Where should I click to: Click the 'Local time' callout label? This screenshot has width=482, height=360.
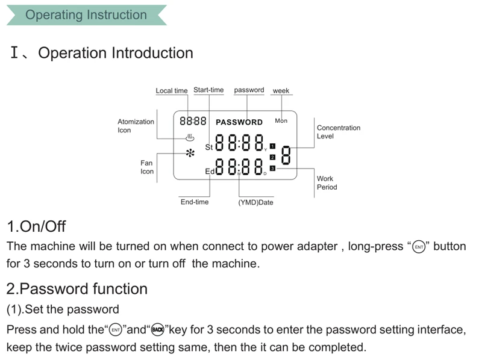click(172, 91)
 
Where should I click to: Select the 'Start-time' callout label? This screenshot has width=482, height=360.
click(208, 90)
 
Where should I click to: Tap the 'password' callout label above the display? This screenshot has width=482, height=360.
click(249, 90)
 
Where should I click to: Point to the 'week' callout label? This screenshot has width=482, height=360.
click(281, 91)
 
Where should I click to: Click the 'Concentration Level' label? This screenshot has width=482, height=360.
click(339, 132)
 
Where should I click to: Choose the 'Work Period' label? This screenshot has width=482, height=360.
click(327, 183)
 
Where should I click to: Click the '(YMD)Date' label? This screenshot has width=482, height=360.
click(255, 202)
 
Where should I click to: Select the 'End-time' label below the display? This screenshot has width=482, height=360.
click(195, 202)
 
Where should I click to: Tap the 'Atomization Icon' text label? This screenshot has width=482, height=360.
click(136, 126)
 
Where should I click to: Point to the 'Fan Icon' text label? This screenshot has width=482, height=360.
click(147, 167)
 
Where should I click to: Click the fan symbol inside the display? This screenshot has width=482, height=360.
click(190, 153)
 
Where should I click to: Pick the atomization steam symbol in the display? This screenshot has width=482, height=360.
click(190, 138)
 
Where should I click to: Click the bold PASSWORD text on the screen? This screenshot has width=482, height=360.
click(239, 122)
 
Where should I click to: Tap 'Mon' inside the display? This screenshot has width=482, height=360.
click(281, 121)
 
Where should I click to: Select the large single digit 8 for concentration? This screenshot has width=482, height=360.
click(286, 155)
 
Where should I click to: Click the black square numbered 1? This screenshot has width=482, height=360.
click(272, 146)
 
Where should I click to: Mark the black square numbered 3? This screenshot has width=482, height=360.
click(272, 169)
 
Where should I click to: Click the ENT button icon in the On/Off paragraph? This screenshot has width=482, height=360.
click(419, 247)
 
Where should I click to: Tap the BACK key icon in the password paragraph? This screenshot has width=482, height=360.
click(157, 329)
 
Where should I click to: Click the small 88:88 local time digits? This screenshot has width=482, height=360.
click(193, 121)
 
